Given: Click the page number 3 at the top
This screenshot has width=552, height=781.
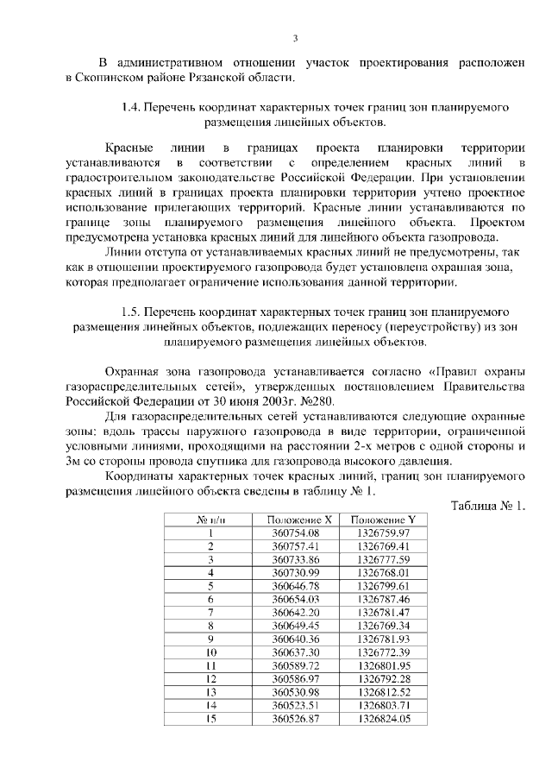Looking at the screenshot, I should (x=295, y=38).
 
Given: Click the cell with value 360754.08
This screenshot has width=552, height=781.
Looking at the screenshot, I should (x=295, y=533).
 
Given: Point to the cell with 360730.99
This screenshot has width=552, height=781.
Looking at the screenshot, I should (x=295, y=572).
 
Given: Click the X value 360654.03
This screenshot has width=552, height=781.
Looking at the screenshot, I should (x=295, y=598).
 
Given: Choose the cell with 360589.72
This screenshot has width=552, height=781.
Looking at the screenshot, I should (x=295, y=665).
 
